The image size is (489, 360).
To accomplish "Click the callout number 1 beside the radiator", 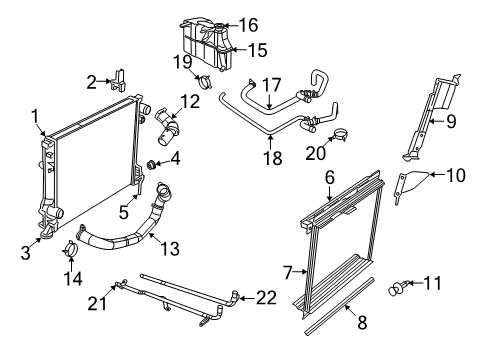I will pyautogui.click(x=37, y=115).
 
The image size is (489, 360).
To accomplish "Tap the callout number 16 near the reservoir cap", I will pyautogui.click(x=248, y=24).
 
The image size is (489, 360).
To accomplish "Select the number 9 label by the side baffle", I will pyautogui.click(x=450, y=123).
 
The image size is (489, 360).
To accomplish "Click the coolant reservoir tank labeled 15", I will pyautogui.click(x=200, y=45).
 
